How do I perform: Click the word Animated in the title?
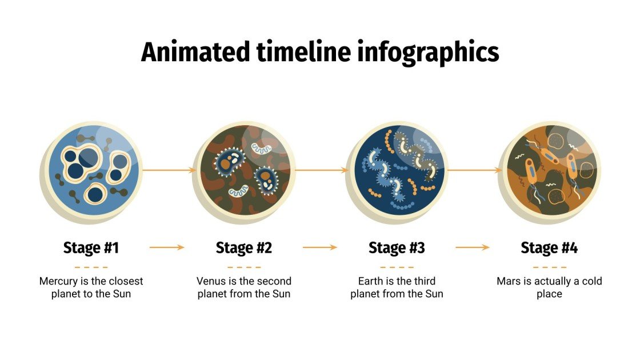click(194, 53)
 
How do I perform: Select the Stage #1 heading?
click(91, 247)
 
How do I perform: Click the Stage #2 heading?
click(244, 247)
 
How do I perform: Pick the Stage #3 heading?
click(397, 247)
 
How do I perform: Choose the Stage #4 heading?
click(549, 247)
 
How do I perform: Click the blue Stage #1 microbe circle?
click(91, 171)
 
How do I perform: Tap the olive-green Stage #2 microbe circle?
click(244, 171)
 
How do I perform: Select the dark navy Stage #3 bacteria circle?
click(397, 171)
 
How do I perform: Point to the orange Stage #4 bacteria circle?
click(549, 171)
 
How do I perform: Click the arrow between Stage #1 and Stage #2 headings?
click(167, 247)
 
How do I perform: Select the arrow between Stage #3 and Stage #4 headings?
click(473, 247)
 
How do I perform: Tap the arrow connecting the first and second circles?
click(169, 170)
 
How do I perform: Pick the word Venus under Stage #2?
click(210, 281)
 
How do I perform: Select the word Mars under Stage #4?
click(508, 281)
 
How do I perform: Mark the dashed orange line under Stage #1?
click(91, 267)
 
